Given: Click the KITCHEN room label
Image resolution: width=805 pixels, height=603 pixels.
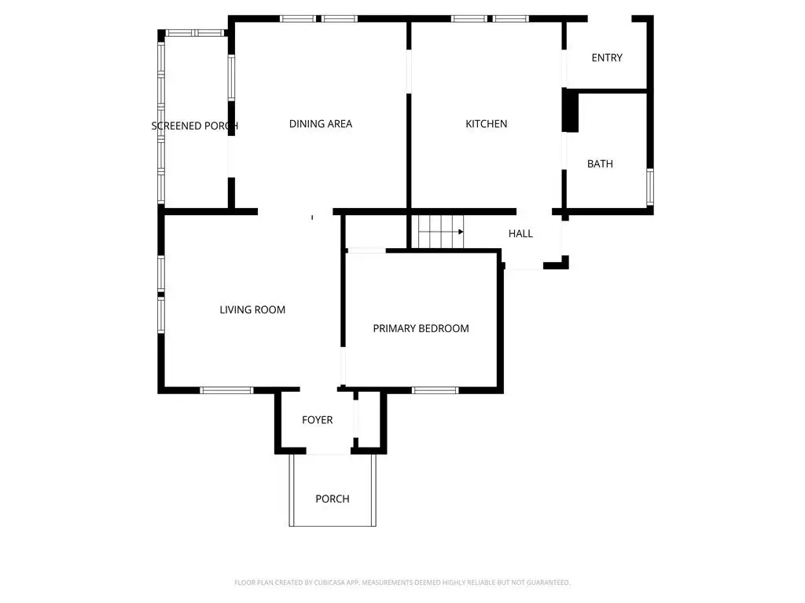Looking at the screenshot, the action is tap(486, 123).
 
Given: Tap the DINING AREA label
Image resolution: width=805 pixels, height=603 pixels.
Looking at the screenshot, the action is tap(321, 123).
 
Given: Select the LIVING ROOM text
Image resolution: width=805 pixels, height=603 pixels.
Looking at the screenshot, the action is tap(252, 309).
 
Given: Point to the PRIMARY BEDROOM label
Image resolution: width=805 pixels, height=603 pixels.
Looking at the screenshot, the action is tap(421, 328).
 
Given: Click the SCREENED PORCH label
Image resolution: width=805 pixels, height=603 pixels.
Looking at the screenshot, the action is tap(195, 126).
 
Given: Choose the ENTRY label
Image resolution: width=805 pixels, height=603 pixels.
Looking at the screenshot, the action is tap(607, 58).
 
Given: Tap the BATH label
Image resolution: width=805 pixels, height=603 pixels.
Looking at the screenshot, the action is tap(600, 163).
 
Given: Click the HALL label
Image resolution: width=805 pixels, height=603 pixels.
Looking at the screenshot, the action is tap(520, 233).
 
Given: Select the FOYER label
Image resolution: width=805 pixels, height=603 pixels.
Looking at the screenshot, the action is tap(317, 420).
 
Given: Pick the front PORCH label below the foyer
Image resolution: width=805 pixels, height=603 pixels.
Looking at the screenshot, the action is tap(333, 499).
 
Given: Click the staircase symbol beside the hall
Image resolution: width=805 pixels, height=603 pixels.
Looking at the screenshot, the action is tap(440, 232).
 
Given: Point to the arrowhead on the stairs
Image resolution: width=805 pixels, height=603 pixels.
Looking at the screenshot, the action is tap(461, 232).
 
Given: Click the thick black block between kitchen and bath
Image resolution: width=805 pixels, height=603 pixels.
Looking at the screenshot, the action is tap(571, 110).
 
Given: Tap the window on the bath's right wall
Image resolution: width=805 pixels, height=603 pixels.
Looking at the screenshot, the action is tap(650, 187).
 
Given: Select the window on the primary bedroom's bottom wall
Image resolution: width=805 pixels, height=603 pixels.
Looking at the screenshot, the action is tap(435, 390).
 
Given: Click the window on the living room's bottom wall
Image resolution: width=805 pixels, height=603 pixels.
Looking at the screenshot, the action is tap(226, 390).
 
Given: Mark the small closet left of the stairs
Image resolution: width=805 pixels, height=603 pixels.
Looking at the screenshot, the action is tap(375, 232).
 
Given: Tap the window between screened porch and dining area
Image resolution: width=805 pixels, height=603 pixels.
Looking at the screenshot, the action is tap(232, 78).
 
